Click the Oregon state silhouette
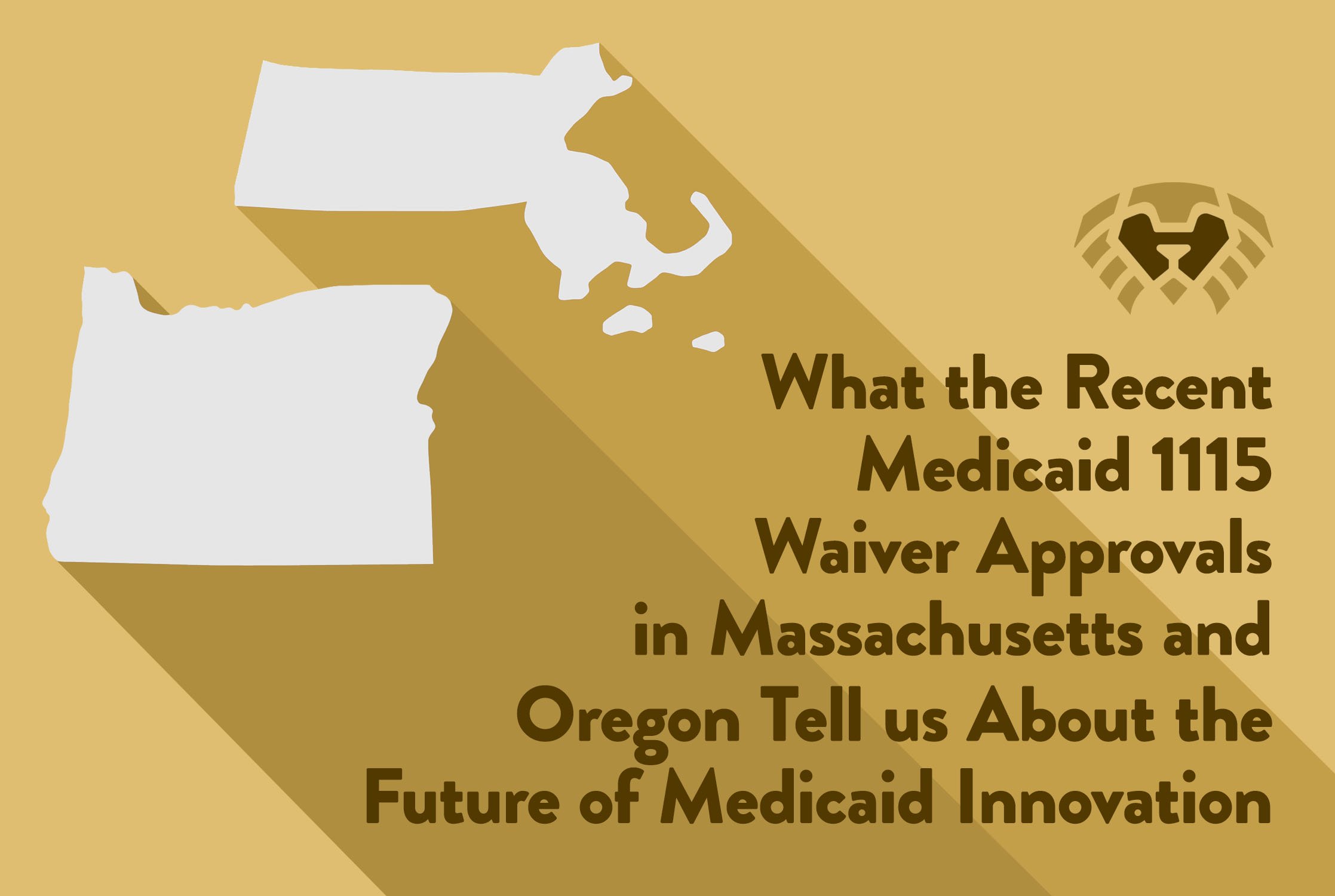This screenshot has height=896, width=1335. [x=251, y=430]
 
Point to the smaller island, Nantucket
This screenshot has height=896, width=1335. [x=709, y=341]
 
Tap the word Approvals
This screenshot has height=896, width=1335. [x=1123, y=553]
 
